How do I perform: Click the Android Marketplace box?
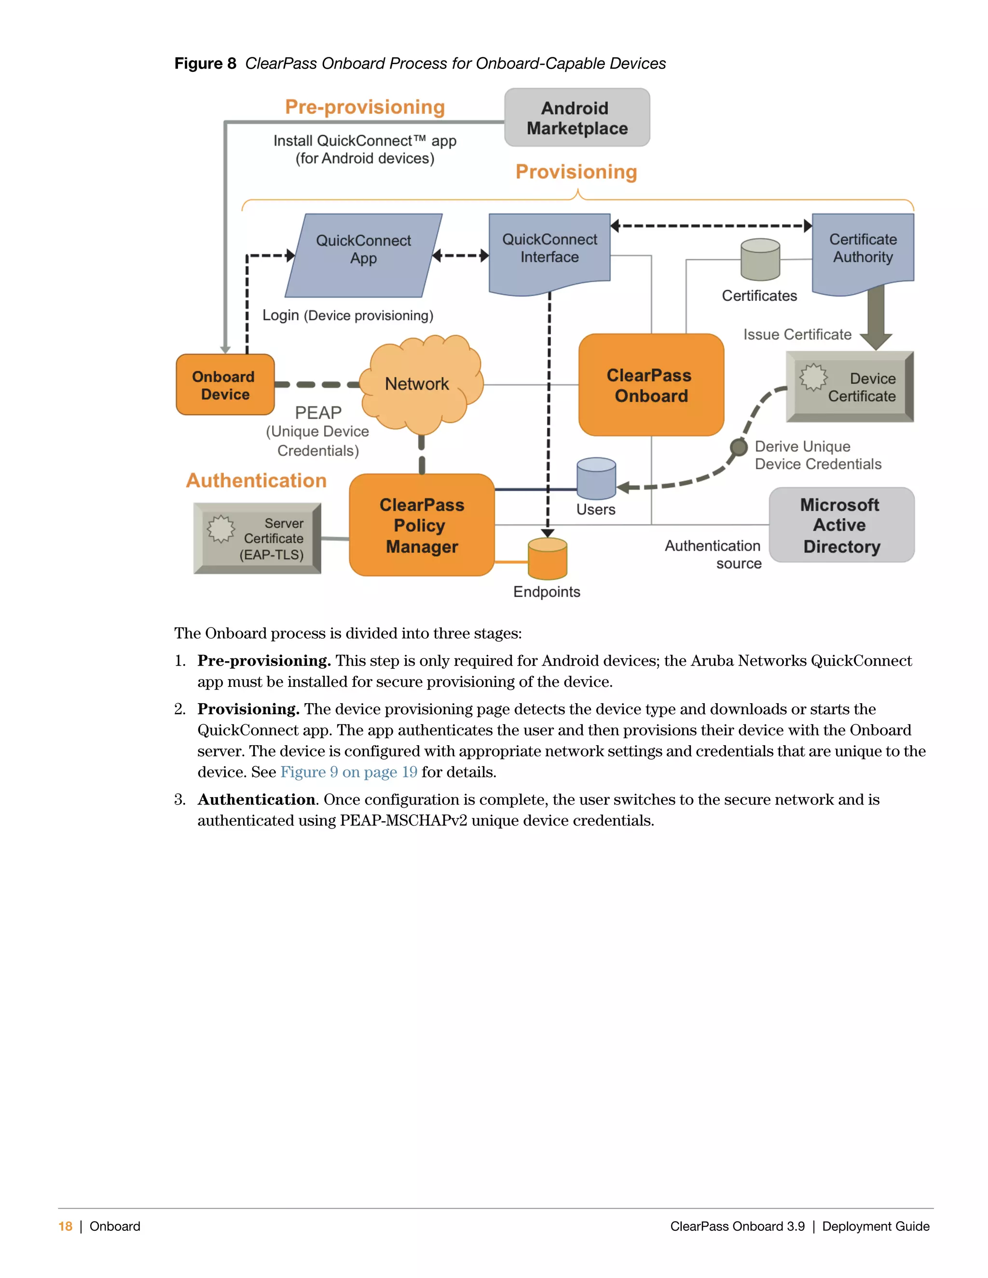(x=576, y=118)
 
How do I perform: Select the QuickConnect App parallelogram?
(x=363, y=255)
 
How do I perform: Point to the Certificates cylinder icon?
(x=760, y=260)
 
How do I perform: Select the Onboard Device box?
(x=225, y=385)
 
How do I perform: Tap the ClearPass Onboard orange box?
(x=651, y=385)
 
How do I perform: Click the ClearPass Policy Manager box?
(x=422, y=525)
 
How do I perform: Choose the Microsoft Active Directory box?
(x=841, y=525)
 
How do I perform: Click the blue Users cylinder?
(x=596, y=479)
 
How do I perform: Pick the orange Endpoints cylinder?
(x=547, y=559)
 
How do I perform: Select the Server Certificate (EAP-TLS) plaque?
(x=258, y=538)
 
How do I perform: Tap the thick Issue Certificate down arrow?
(x=876, y=316)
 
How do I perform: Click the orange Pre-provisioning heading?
(x=365, y=107)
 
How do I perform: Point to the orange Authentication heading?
(x=256, y=480)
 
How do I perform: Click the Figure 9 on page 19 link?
(x=349, y=773)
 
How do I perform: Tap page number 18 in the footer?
(x=65, y=1226)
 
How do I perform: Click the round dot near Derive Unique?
(x=739, y=448)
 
